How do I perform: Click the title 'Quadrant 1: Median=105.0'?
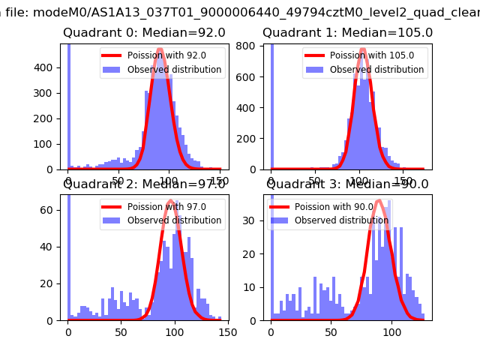click(x=347, y=33)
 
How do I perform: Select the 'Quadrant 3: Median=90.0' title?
click(x=347, y=184)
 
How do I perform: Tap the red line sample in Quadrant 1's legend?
click(x=318, y=55)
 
